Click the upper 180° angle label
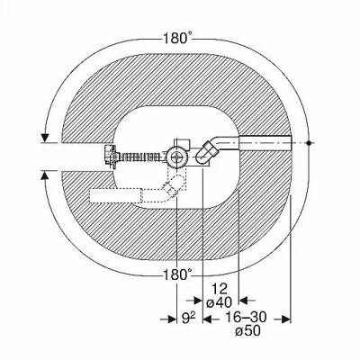click(177, 38)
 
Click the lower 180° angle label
click(176, 274)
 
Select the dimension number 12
click(220, 289)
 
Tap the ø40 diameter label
click(220, 302)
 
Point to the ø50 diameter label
click(247, 331)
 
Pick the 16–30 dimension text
click(246, 318)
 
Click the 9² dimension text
click(189, 319)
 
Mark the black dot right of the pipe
click(309, 143)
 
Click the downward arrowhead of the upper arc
click(45, 138)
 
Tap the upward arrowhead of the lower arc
click(45, 175)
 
